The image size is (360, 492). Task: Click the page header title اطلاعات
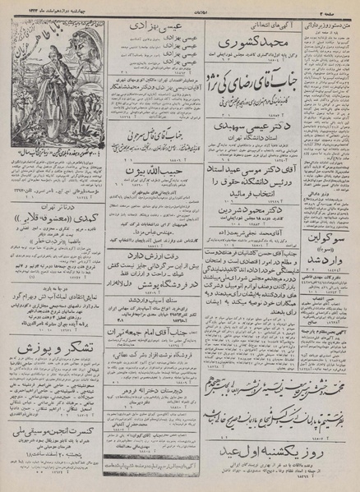coord(182,6)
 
